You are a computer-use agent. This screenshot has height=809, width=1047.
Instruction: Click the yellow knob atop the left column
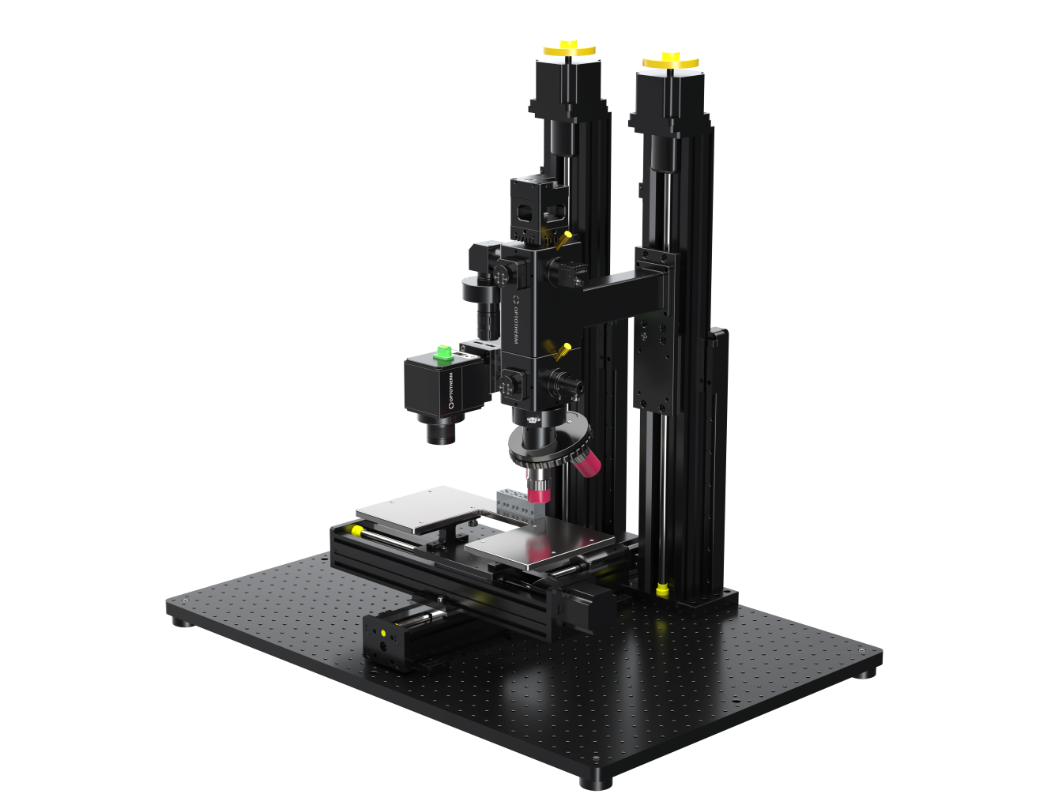568,48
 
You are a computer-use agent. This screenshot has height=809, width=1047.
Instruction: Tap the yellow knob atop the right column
670,60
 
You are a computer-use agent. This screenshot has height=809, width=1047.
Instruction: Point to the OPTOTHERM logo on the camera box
451,390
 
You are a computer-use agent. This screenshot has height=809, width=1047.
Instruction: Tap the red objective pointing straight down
539,494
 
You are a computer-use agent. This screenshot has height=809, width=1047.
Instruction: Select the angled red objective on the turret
586,465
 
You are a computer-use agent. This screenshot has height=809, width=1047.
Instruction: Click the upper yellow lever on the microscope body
564,239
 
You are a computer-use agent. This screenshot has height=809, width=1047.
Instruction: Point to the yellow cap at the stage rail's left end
358,530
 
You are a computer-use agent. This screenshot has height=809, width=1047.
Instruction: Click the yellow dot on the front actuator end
384,633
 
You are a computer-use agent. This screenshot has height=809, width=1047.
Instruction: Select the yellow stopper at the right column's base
662,589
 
